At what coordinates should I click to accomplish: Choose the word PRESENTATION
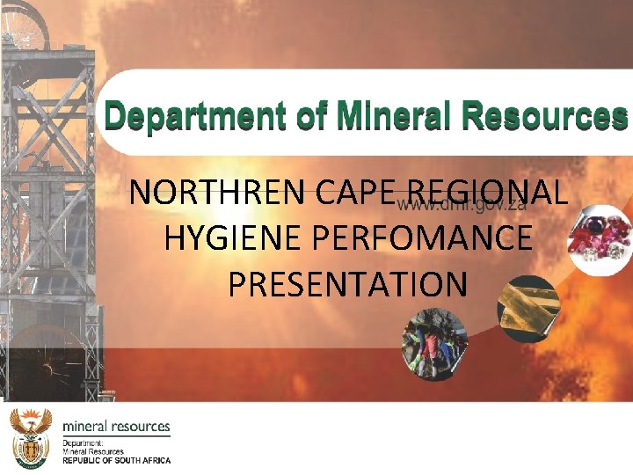[346, 284]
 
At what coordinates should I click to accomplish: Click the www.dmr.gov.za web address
[461, 206]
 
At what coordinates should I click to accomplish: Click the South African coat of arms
[31, 436]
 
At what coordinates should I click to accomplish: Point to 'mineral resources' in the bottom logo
[116, 427]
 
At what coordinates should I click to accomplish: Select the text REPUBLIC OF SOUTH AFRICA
[116, 460]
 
